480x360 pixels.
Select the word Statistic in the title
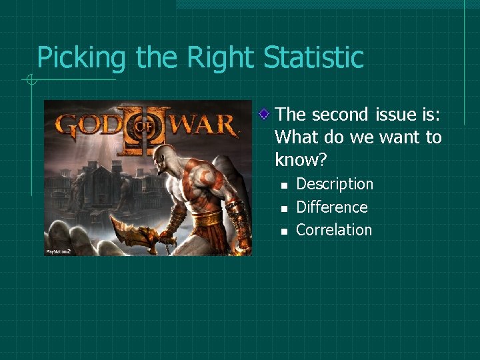(314, 57)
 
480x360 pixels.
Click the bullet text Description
(334, 184)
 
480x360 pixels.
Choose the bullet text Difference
(331, 207)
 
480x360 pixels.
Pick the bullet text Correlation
(333, 230)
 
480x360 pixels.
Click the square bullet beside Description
(283, 185)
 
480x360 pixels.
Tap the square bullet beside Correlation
(283, 231)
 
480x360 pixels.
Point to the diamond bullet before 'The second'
(265, 115)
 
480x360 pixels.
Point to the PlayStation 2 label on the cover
(58, 251)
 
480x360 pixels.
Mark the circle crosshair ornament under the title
(30, 81)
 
